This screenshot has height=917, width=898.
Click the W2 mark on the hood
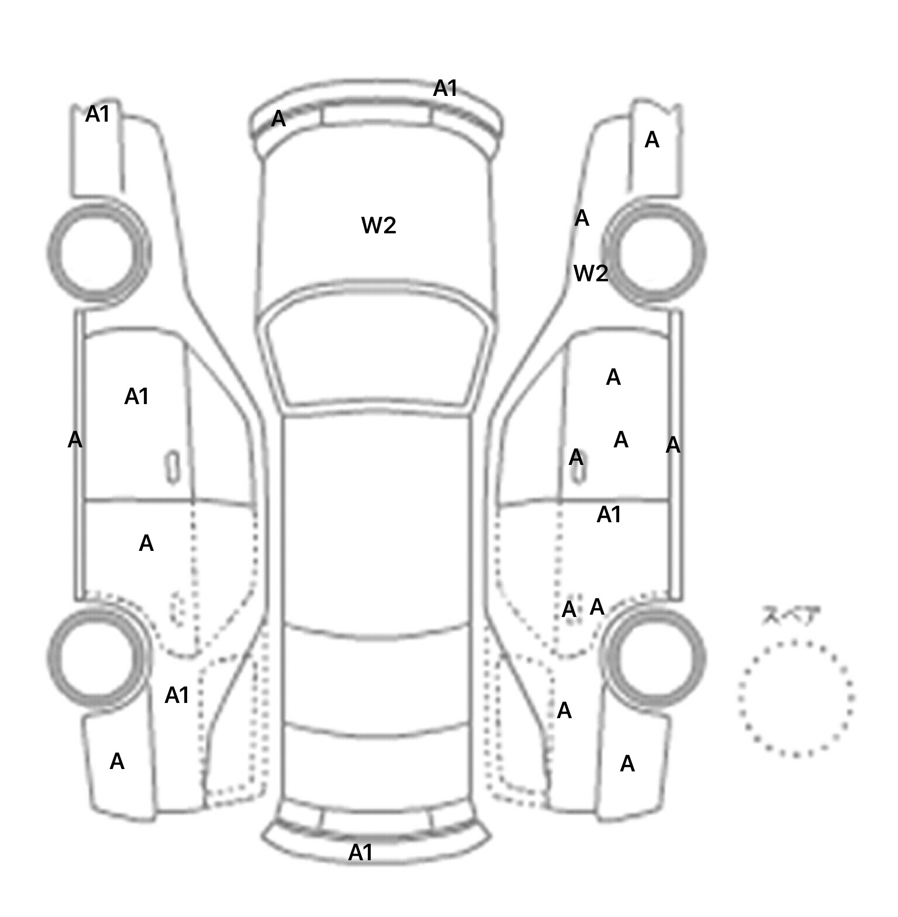(x=379, y=225)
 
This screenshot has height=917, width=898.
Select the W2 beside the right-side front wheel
(x=590, y=273)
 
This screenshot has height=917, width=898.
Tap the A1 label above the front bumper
(x=445, y=89)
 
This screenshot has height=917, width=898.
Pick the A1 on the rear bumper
(x=360, y=853)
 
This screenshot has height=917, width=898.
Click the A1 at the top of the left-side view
(x=97, y=114)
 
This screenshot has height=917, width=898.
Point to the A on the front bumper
(x=279, y=119)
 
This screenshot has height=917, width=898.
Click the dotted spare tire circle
(x=795, y=698)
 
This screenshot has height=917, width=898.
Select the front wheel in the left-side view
(x=98, y=251)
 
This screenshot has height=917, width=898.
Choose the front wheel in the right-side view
(x=655, y=253)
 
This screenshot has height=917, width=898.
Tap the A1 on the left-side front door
(x=136, y=397)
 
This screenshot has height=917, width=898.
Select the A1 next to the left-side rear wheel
(x=177, y=695)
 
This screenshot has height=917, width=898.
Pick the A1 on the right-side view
(x=608, y=515)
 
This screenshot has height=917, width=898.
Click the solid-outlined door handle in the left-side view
(x=172, y=467)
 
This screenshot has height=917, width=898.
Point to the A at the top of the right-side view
(x=651, y=140)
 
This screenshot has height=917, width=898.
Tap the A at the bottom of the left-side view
(x=117, y=761)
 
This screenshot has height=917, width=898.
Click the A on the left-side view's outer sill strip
(x=75, y=440)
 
